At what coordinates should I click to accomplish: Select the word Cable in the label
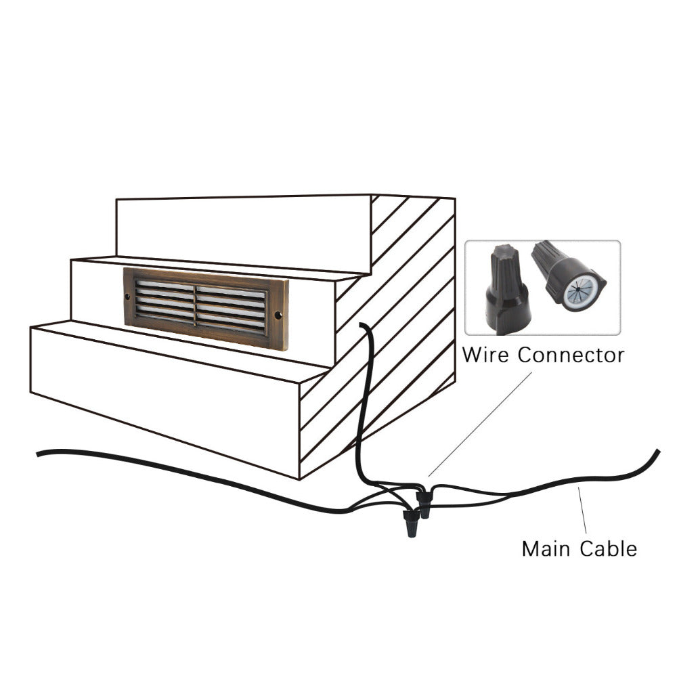point(608,548)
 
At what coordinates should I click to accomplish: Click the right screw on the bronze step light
point(278,315)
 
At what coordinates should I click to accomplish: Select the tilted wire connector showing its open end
point(567,274)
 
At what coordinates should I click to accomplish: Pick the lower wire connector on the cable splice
point(411,523)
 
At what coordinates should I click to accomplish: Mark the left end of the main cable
point(39,453)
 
